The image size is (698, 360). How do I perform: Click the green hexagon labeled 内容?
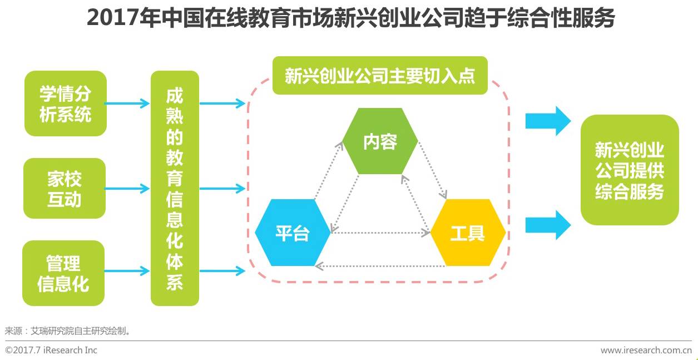point(380,141)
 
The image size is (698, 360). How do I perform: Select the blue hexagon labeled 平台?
point(293,233)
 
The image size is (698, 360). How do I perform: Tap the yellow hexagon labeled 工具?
point(468,233)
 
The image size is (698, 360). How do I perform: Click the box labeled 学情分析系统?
point(65,103)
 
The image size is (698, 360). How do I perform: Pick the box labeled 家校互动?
point(65,189)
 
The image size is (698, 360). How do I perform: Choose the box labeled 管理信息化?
point(63,273)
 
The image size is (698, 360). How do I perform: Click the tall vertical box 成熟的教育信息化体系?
point(175,188)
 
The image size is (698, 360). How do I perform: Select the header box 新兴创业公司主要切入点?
point(380,76)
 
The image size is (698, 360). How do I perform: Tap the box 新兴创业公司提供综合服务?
point(630,170)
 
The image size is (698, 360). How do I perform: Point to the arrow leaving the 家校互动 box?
point(127,189)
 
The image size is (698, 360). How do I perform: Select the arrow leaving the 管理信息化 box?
point(127,272)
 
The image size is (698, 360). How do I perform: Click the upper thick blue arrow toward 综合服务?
point(548,120)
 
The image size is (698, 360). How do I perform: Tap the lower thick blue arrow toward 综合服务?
point(548,224)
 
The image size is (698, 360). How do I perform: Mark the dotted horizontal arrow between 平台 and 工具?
point(380,233)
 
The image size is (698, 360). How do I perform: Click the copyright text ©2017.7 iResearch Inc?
point(51,350)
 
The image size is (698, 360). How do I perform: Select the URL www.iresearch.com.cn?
point(646,350)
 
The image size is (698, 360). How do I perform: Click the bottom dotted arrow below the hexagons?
point(380,267)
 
